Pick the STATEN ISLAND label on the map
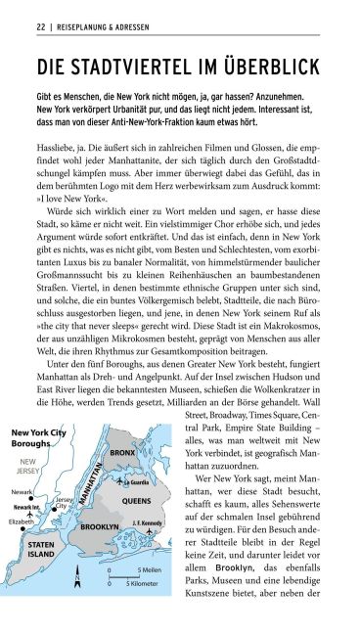tap(40, 549)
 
